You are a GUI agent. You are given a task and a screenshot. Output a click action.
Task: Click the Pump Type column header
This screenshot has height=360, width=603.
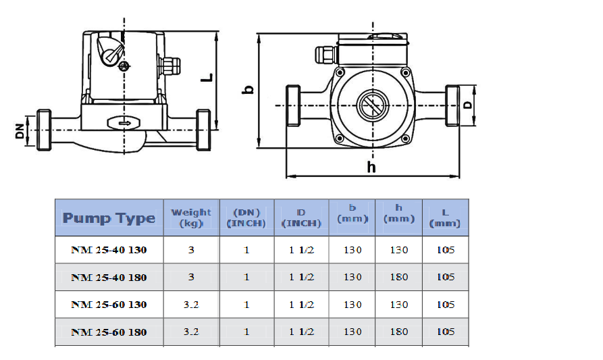pyautogui.click(x=109, y=217)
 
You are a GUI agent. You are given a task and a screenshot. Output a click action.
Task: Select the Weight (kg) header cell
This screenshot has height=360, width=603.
pyautogui.click(x=191, y=217)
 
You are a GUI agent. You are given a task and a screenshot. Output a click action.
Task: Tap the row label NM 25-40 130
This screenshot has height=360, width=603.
pyautogui.click(x=109, y=250)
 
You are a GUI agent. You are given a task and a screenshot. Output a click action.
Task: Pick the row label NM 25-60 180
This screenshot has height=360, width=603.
pyautogui.click(x=109, y=332)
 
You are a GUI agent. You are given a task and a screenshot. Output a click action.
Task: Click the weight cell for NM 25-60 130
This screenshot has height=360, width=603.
pyautogui.click(x=191, y=305)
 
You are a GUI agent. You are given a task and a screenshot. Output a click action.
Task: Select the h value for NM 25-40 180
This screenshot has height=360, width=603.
pyautogui.click(x=399, y=277)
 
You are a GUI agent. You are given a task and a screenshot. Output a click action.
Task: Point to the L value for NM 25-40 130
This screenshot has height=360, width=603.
pyautogui.click(x=446, y=250)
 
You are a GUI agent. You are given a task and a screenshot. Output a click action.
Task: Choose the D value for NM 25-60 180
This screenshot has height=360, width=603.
pyautogui.click(x=301, y=332)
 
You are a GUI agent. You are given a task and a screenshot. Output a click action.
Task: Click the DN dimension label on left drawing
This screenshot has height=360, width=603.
pyautogui.click(x=19, y=131)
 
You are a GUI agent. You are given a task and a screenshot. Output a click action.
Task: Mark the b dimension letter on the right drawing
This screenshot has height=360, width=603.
pyautogui.click(x=248, y=90)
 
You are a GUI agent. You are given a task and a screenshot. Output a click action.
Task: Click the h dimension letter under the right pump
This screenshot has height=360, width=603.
pyautogui.click(x=371, y=168)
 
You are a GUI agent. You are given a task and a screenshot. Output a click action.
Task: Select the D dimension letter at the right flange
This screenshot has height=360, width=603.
pyautogui.click(x=467, y=105)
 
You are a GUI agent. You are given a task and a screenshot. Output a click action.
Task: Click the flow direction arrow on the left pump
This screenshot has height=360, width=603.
pyautogui.click(x=124, y=123)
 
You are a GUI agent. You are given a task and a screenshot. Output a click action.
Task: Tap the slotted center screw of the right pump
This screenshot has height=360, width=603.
pyautogui.click(x=373, y=105)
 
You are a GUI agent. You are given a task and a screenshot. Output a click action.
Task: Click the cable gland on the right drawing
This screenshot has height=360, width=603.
pyautogui.click(x=326, y=55)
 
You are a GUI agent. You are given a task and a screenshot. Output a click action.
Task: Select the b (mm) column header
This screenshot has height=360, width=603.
pyautogui.click(x=352, y=213)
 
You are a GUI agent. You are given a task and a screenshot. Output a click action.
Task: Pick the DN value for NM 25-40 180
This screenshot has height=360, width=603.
pyautogui.click(x=246, y=277)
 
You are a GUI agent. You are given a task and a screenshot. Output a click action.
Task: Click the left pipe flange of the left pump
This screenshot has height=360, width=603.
pyautogui.click(x=44, y=130)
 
